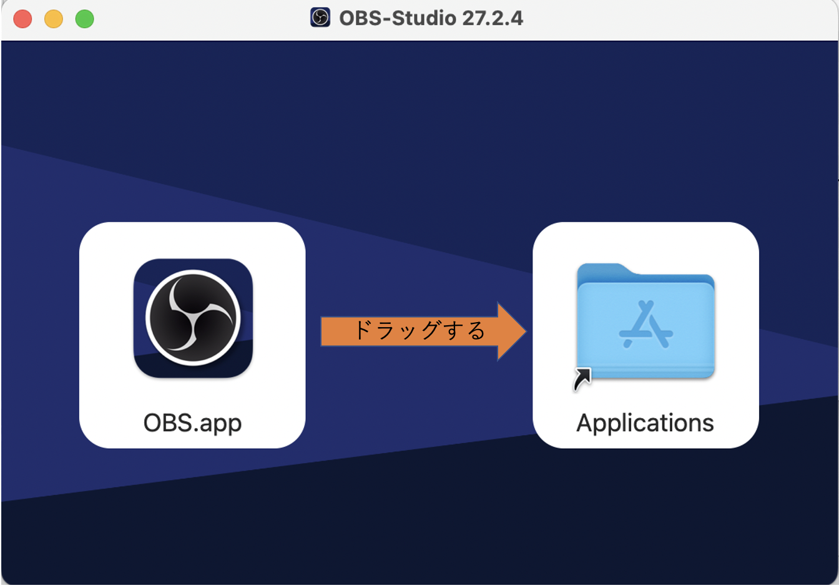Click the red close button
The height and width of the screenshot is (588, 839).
22,19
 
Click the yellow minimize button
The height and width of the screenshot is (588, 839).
54,19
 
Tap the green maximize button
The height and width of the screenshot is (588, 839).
85,19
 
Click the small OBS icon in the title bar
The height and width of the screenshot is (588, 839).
320,17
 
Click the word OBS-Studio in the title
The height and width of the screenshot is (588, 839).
398,18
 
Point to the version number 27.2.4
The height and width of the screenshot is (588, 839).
492,18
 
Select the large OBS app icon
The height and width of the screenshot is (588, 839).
193,318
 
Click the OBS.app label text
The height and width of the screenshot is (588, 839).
192,423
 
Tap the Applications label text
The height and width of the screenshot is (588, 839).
645,423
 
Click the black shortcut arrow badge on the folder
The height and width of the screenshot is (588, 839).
582,379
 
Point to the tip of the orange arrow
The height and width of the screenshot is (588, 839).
526,331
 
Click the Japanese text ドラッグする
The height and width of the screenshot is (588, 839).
420,330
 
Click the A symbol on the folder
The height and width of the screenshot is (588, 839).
645,325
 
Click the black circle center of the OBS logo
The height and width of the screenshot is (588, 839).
193,318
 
